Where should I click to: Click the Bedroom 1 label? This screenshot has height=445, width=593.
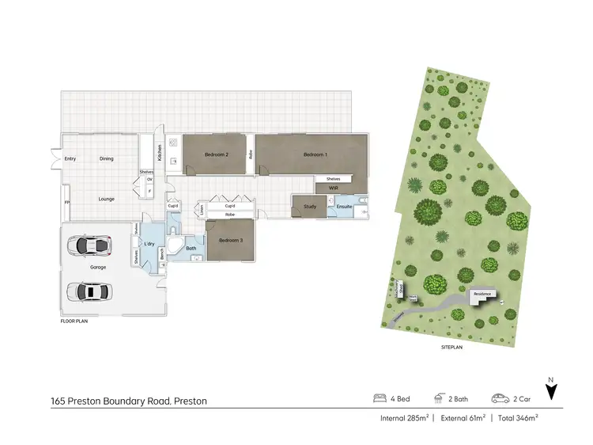(315, 154)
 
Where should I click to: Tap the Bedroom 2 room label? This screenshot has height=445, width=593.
(216, 154)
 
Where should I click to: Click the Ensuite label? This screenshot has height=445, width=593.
(344, 207)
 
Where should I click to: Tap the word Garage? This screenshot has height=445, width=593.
(98, 268)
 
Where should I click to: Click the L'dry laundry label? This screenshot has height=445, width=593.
(149, 244)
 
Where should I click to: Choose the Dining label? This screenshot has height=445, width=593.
(106, 158)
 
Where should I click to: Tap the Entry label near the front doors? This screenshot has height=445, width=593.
(70, 158)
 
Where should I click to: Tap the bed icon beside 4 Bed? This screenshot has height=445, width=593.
(379, 398)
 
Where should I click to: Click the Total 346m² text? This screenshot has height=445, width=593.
(517, 416)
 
